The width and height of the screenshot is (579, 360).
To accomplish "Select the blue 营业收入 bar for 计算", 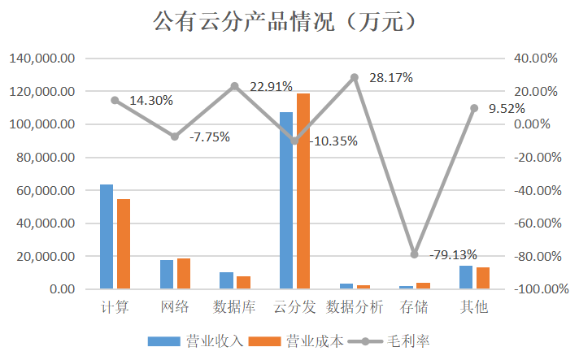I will click(107, 236).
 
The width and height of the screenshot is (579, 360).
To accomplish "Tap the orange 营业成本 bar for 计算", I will click(124, 244).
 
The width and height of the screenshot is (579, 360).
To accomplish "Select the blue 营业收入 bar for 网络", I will click(167, 275).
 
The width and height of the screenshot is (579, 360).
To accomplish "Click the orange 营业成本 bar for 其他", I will click(483, 278).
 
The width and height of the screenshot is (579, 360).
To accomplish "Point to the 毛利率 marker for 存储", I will click(415, 254).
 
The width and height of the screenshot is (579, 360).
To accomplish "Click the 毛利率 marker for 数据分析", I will click(355, 78).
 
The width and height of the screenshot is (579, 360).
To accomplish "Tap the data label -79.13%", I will click(453, 254).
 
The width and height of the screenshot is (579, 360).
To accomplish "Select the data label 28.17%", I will click(391, 78).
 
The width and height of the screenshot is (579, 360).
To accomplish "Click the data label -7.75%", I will click(210, 137).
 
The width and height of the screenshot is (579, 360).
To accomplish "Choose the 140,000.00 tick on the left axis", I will click(42, 59).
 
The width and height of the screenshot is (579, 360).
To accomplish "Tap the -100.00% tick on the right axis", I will click(532, 289).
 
